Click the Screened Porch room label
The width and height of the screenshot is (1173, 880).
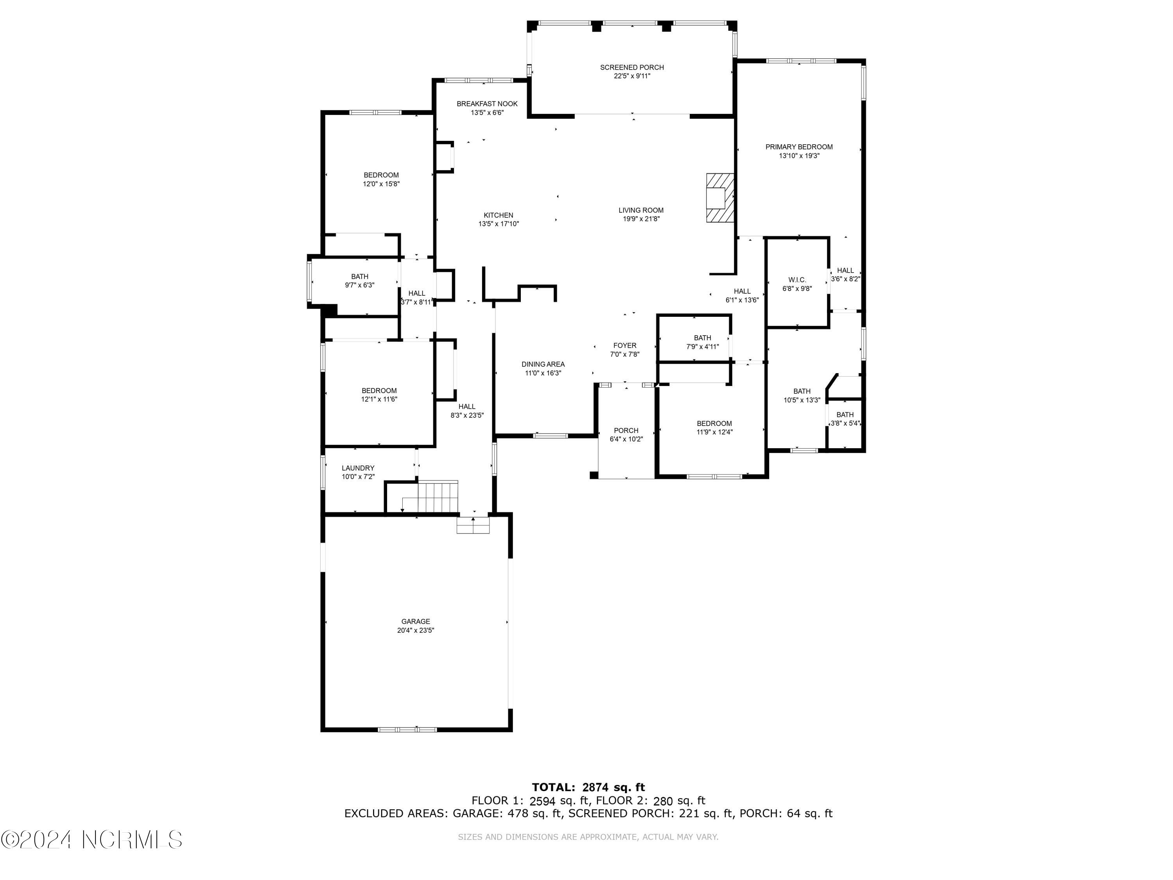(631, 67)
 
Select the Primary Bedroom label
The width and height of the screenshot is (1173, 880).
(798, 147)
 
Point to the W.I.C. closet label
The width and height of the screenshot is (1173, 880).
(797, 280)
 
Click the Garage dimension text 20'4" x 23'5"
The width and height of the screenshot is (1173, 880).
(415, 630)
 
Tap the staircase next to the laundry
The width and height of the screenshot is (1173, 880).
(438, 497)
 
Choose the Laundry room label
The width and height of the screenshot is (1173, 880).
(358, 468)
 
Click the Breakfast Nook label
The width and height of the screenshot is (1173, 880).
(487, 104)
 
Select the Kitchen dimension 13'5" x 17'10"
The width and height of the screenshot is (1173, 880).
(499, 224)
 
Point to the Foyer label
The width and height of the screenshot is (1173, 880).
(625, 345)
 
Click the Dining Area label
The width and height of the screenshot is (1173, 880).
(543, 365)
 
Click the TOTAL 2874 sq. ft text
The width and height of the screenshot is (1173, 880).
(588, 787)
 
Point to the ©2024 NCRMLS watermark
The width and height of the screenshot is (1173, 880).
(91, 840)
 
